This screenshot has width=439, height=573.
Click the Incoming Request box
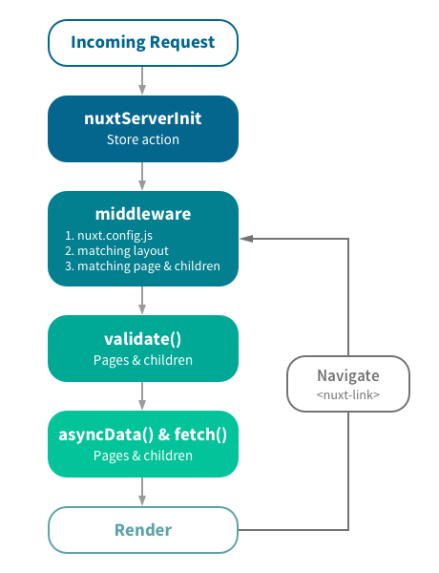tap(142, 43)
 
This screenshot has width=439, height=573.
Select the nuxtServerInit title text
tap(142, 119)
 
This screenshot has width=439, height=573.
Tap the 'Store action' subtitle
tap(142, 140)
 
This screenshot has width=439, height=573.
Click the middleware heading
tap(142, 213)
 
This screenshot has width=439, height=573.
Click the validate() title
tap(142, 339)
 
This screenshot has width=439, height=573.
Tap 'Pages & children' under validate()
tap(142, 360)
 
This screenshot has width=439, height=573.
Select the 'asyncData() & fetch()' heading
tap(142, 435)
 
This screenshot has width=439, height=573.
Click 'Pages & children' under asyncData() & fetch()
tap(142, 456)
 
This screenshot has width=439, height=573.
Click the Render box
tap(142, 529)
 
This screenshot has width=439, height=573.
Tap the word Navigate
tap(348, 375)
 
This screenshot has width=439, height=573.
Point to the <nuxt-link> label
tap(348, 393)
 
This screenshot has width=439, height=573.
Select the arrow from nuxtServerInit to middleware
tap(142, 176)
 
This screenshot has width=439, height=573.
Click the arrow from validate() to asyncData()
tap(142, 395)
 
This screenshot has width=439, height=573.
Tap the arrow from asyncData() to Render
tap(142, 491)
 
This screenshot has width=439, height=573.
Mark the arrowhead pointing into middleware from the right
tap(244, 238)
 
